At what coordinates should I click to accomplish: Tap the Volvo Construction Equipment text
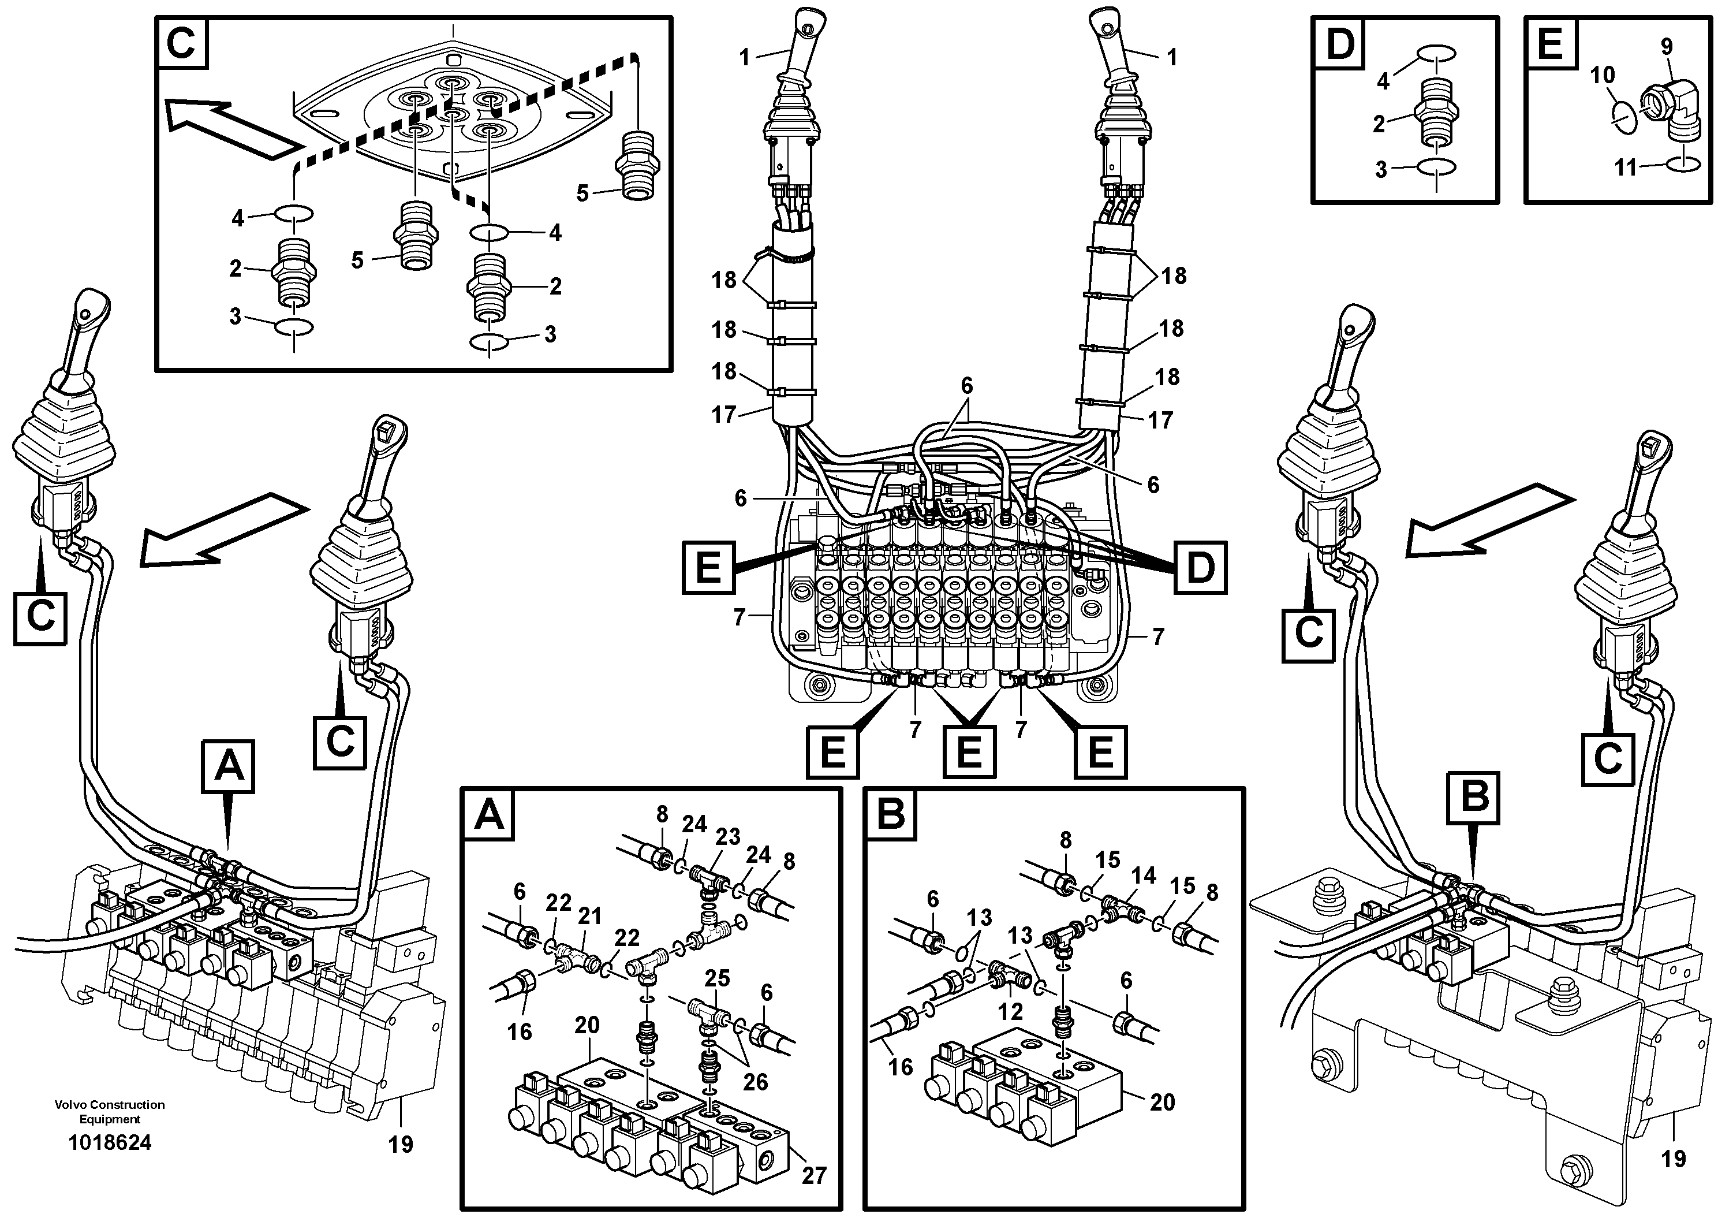coord(109,1111)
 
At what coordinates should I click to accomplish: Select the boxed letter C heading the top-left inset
coord(182,43)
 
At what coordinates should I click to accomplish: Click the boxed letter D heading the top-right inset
coord(1339,44)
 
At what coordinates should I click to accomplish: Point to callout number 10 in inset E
coord(1601,75)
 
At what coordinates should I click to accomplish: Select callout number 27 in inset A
coord(813,1175)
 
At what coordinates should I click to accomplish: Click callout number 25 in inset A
coord(717,978)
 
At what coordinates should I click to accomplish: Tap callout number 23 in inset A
coord(727,837)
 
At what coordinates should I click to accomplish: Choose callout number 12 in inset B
coord(1010,1011)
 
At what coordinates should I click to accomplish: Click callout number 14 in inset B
coord(1144,874)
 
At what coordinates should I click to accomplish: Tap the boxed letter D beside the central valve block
coord(1200,567)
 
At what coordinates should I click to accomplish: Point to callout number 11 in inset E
coord(1625,167)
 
